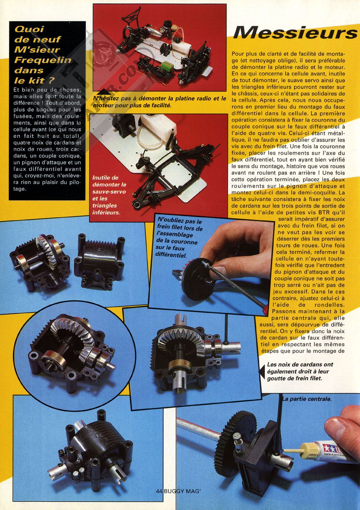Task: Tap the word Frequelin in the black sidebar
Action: pos(43,60)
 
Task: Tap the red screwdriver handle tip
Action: pos(265,310)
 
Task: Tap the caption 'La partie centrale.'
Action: pos(307,399)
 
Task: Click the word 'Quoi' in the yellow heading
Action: pos(29,29)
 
